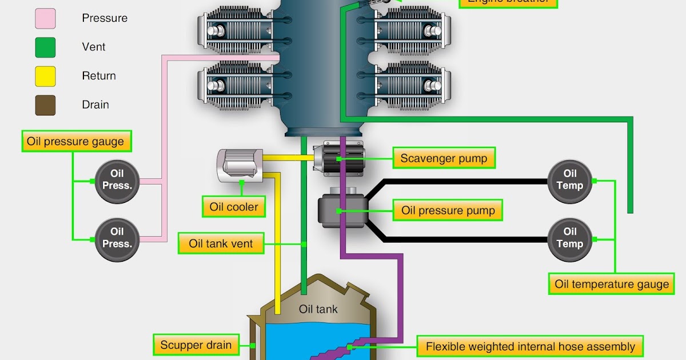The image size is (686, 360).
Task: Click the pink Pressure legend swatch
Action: (x=45, y=18)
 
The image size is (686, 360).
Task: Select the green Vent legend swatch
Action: (x=45, y=47)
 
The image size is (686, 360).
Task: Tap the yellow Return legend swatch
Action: (x=45, y=76)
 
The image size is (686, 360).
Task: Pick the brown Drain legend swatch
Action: (x=45, y=105)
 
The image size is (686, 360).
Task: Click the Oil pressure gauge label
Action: (x=75, y=141)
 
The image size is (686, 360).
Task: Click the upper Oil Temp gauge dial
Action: (x=570, y=180)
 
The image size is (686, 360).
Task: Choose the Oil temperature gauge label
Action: (x=612, y=284)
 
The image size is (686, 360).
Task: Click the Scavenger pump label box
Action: (x=444, y=158)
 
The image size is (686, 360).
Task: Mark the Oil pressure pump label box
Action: (x=448, y=210)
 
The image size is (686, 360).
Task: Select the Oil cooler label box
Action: (x=234, y=207)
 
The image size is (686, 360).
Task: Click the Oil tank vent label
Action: (x=221, y=244)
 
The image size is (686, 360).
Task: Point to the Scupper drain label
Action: (x=196, y=345)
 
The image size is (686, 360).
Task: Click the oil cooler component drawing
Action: (x=239, y=165)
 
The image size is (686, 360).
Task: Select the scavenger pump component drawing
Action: (x=339, y=156)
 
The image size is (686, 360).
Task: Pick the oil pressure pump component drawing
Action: (x=341, y=210)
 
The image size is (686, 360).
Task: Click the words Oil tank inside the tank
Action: (x=318, y=309)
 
